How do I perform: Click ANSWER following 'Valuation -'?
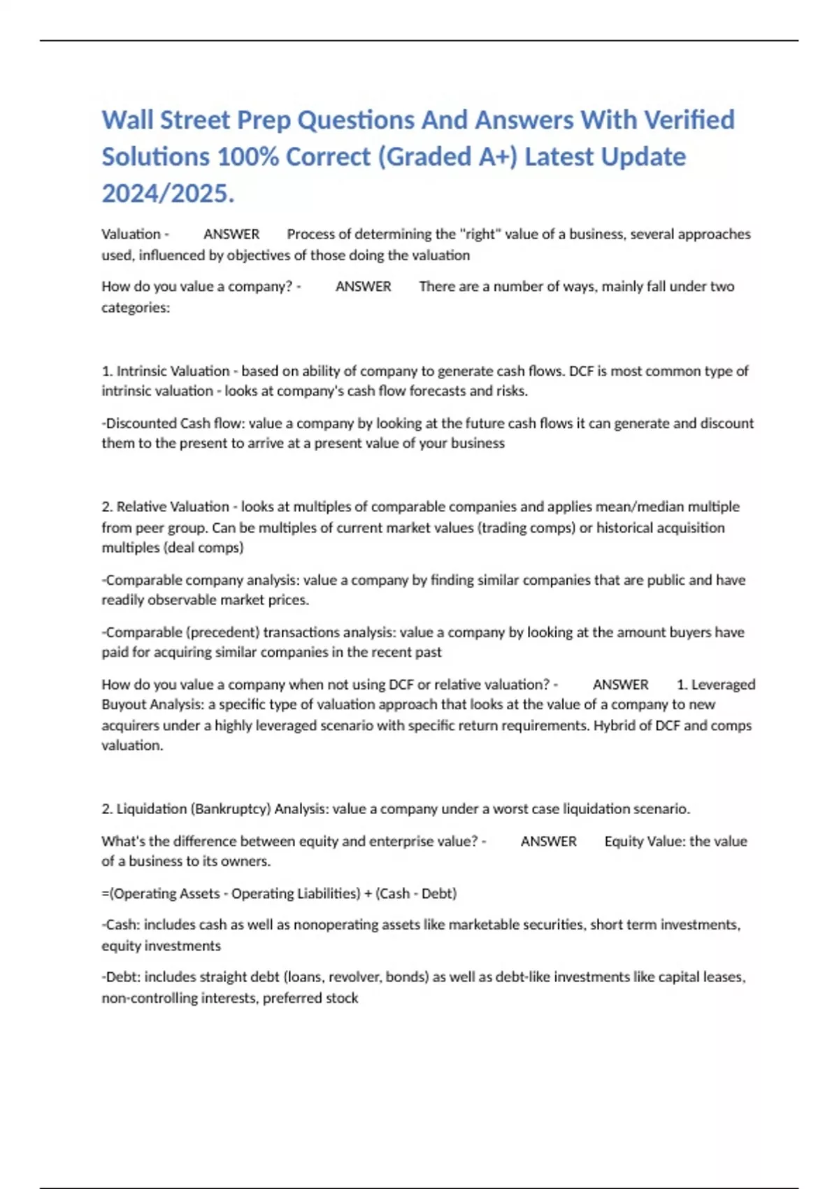pyautogui.click(x=231, y=234)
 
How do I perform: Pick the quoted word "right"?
pyautogui.click(x=480, y=234)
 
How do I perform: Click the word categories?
pyautogui.click(x=136, y=308)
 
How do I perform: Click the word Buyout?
pyautogui.click(x=124, y=704)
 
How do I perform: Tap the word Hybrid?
pyautogui.click(x=615, y=725)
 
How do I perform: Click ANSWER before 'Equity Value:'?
pyautogui.click(x=549, y=841)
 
